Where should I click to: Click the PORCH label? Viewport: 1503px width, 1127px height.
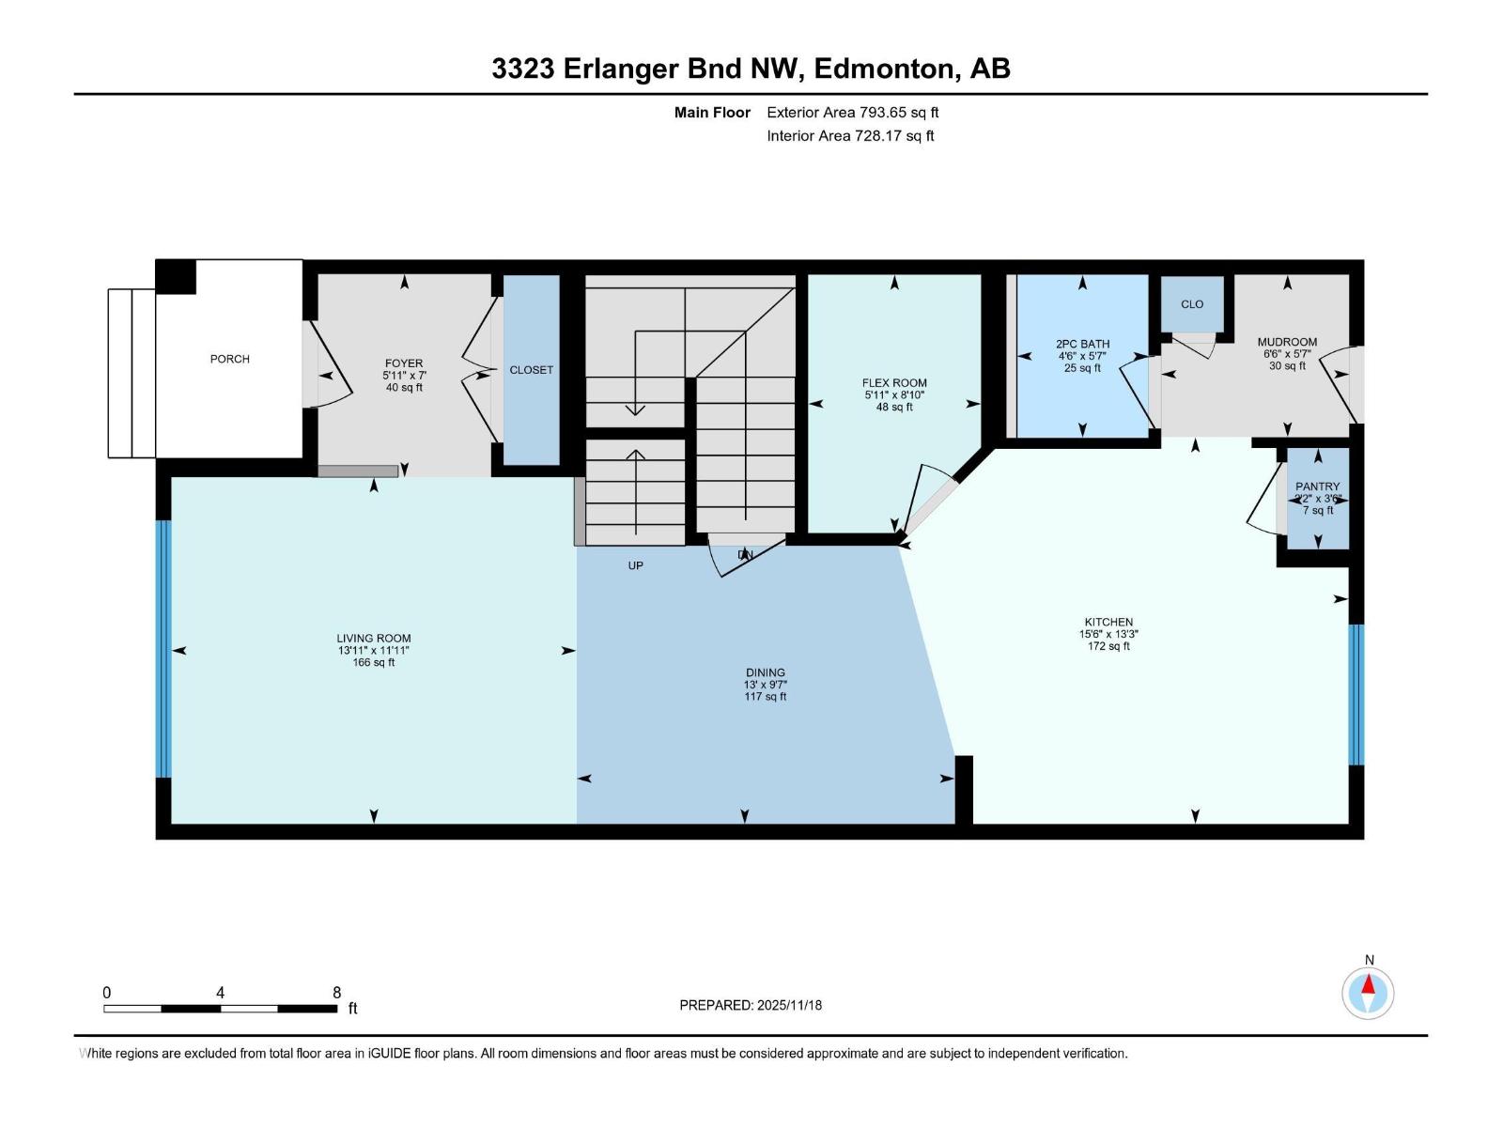coord(229,359)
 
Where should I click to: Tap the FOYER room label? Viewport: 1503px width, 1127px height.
coord(404,363)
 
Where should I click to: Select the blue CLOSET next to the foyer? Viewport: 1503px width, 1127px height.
coord(531,370)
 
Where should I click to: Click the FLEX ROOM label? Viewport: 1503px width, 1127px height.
coord(894,383)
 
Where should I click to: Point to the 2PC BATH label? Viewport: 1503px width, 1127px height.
coord(1082,344)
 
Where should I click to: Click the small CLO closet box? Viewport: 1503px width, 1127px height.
coord(1192,304)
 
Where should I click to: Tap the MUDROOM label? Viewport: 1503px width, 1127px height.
coord(1287,342)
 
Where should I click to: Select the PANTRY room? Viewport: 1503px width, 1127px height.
coord(1317,498)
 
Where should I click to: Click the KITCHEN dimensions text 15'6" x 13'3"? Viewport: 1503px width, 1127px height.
coord(1108,634)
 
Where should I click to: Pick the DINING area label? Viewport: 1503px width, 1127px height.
coord(765,672)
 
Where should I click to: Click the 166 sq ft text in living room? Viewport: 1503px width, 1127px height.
coord(373,662)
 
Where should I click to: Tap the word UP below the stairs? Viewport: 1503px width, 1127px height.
coord(636,565)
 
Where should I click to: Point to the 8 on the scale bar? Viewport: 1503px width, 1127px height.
coord(336,993)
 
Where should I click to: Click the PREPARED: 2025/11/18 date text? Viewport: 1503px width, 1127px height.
coord(751,1005)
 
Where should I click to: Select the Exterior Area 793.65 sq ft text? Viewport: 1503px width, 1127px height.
coord(852,113)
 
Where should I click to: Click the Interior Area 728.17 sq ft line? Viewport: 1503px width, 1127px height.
coord(850,135)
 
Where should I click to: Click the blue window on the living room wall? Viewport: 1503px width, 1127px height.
coord(163,648)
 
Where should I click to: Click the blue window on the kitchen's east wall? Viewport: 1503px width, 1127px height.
coord(1356,695)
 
